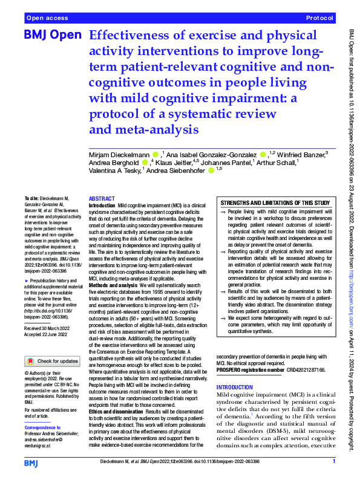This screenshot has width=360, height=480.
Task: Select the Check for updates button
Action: pyautogui.click(x=52, y=361)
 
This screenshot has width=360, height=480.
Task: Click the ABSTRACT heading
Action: pyautogui.click(x=102, y=199)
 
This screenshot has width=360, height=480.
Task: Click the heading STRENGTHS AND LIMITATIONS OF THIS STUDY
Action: pyautogui.click(x=275, y=203)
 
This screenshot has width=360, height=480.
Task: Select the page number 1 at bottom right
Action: pyautogui.click(x=333, y=461)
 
